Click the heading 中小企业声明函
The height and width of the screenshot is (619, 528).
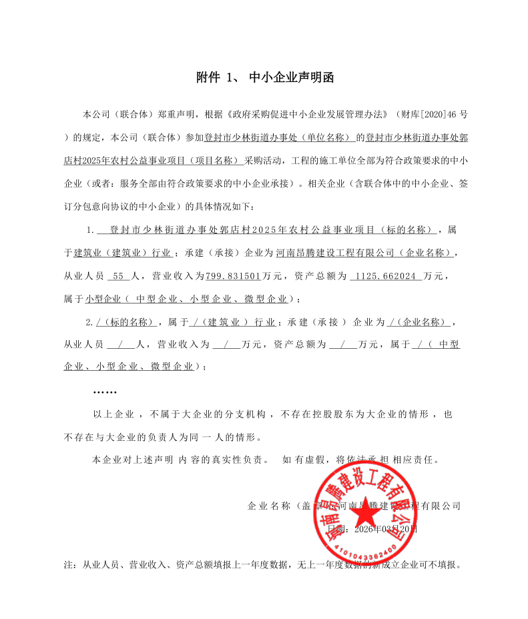(x=291, y=78)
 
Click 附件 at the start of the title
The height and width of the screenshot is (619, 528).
(x=208, y=78)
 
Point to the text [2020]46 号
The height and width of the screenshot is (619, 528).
(x=438, y=115)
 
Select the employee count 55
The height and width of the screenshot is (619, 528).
(x=115, y=275)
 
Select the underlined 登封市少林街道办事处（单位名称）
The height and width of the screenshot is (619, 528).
(x=281, y=138)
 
